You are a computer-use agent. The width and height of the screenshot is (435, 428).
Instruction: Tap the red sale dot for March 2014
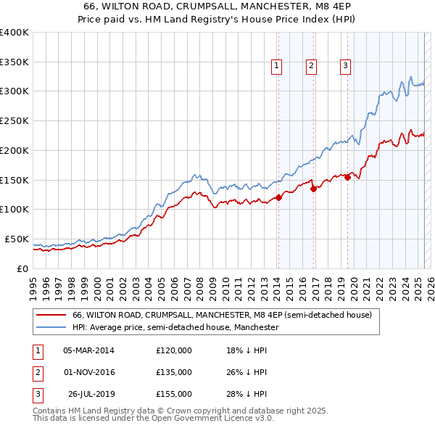point(278,197)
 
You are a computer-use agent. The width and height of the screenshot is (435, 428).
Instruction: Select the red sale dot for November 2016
point(313,189)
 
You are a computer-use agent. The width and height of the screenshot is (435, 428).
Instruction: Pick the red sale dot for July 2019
point(348,177)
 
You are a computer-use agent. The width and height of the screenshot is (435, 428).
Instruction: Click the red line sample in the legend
point(50,315)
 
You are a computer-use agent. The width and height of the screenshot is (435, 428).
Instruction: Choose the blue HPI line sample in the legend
point(50,328)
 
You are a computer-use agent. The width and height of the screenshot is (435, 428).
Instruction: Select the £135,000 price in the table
point(174,372)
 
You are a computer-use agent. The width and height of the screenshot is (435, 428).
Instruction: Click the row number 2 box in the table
point(37,372)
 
